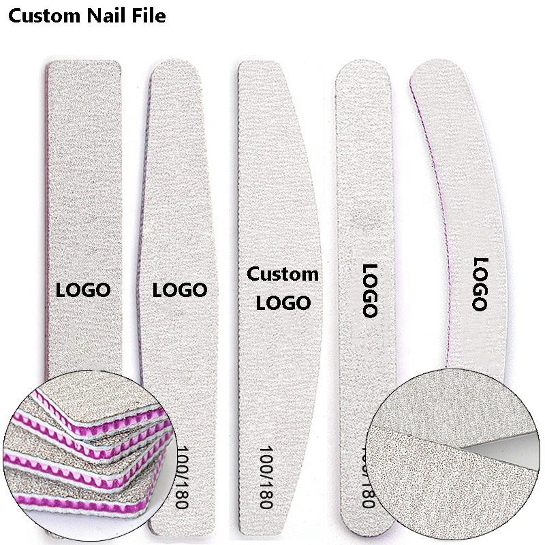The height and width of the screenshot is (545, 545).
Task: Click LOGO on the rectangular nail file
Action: (82, 290)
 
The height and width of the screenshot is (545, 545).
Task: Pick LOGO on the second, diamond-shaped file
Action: (179, 290)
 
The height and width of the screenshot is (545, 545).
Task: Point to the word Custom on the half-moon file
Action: (282, 275)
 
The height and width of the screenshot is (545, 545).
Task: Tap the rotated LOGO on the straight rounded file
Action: (369, 290)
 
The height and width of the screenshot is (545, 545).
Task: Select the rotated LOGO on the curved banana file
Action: (480, 284)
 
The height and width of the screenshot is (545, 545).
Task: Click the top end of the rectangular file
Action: (83, 68)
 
